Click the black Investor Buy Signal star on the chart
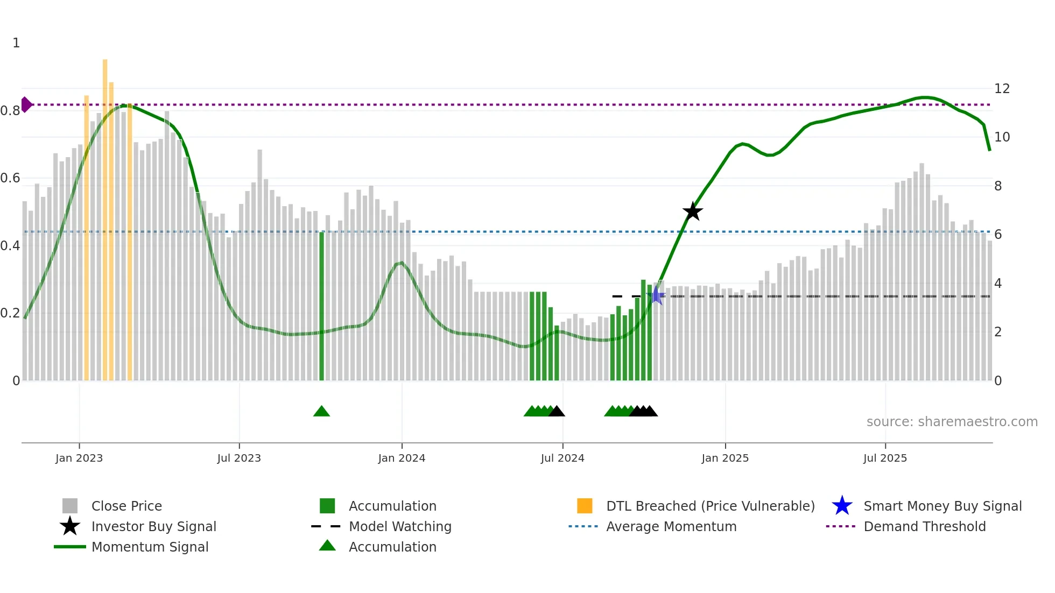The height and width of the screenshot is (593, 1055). [x=693, y=211]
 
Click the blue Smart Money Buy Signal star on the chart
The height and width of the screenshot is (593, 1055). [x=657, y=295]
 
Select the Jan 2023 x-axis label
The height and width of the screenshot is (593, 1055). [x=79, y=458]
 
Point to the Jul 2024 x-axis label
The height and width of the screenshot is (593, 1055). [x=562, y=458]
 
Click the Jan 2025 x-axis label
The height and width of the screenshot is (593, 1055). [x=725, y=458]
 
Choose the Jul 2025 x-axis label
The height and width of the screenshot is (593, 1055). [x=885, y=458]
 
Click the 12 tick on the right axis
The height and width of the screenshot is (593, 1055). [x=1002, y=89]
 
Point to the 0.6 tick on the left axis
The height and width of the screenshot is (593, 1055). [x=10, y=178]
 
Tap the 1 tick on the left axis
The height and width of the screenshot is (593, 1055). [x=16, y=43]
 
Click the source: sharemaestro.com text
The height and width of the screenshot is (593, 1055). [x=952, y=422]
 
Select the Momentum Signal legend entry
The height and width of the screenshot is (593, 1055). [x=150, y=547]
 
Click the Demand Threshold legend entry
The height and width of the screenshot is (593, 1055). [x=924, y=526]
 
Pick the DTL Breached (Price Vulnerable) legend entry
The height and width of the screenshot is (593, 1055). [x=710, y=506]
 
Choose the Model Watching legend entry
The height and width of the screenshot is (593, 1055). [x=400, y=526]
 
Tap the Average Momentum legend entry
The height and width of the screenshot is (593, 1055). [x=671, y=526]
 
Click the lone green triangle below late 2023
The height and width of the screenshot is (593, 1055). [x=321, y=412]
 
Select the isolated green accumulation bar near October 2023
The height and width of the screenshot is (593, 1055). [x=322, y=307]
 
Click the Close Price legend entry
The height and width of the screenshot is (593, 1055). [x=126, y=506]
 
